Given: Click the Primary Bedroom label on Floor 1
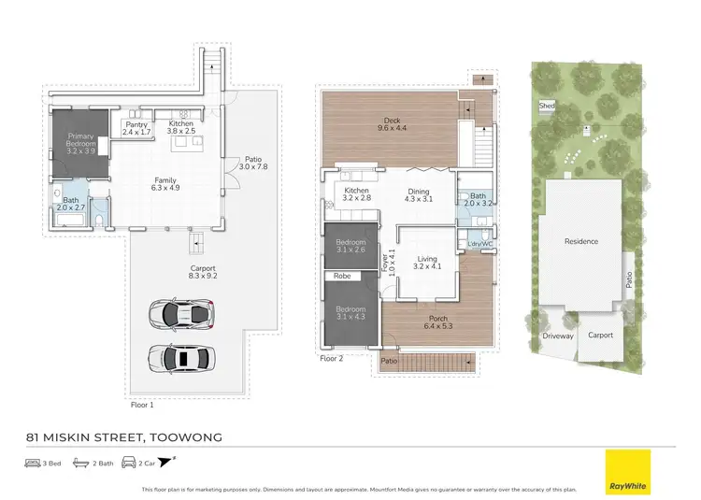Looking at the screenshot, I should pyautogui.click(x=80, y=142).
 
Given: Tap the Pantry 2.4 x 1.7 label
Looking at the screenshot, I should pyautogui.click(x=136, y=129).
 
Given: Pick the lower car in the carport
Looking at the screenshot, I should pyautogui.click(x=181, y=357).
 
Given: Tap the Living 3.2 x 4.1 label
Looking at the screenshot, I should pyautogui.click(x=427, y=263).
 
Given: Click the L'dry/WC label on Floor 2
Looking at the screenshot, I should pyautogui.click(x=479, y=245).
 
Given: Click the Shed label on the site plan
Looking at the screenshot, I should pyautogui.click(x=546, y=107).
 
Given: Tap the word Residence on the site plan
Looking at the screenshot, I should pyautogui.click(x=580, y=241).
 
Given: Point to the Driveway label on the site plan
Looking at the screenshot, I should pyautogui.click(x=558, y=336).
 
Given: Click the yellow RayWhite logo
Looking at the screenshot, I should pyautogui.click(x=627, y=471).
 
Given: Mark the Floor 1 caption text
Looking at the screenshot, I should pyautogui.click(x=141, y=406).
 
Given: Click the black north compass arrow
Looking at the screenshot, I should pyautogui.click(x=166, y=462).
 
